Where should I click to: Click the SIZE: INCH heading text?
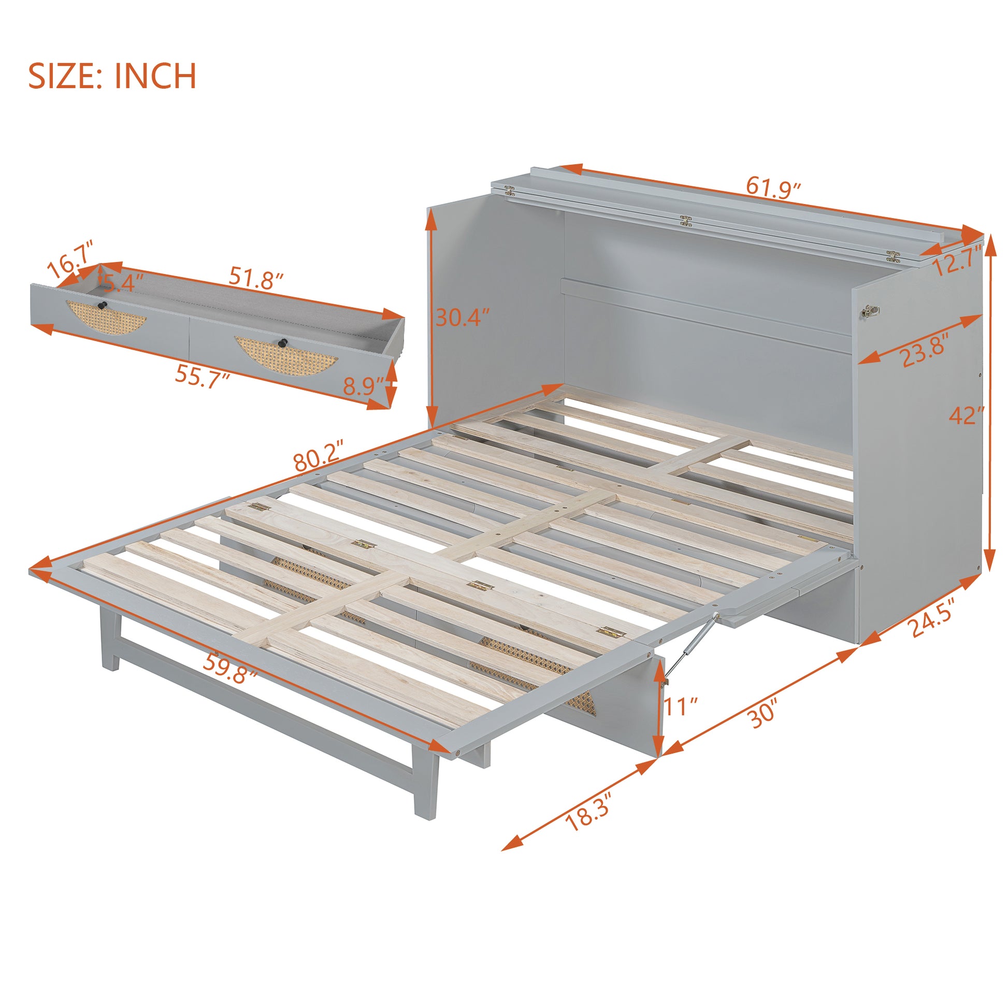point(112,76)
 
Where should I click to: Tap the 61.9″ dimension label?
point(773,187)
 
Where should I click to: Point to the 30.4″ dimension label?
point(462,317)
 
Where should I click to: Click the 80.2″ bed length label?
point(319,455)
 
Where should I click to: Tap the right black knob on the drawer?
point(283,342)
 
